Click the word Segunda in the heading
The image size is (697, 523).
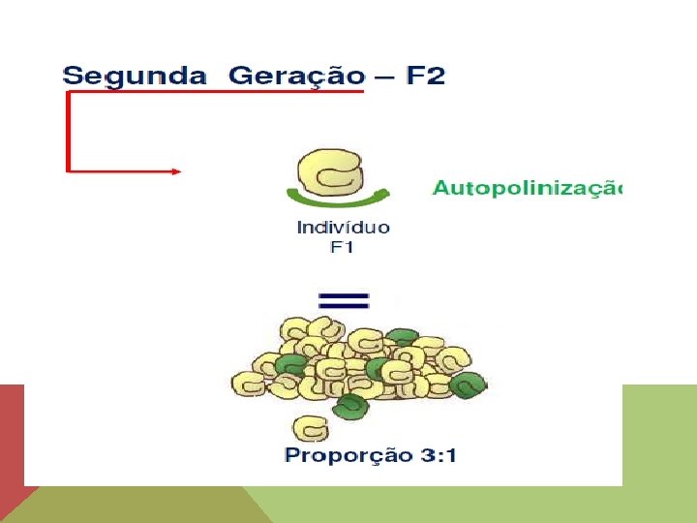pyautogui.click(x=135, y=76)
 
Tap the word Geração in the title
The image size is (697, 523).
pyautogui.click(x=296, y=76)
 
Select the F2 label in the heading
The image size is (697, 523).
pyautogui.click(x=425, y=76)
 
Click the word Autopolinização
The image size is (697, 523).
pyautogui.click(x=526, y=188)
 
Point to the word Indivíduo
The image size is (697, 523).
pyautogui.click(x=343, y=229)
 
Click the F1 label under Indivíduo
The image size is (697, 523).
pyautogui.click(x=343, y=247)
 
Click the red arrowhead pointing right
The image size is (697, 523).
pyautogui.click(x=176, y=171)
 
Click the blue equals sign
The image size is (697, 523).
pyautogui.click(x=343, y=298)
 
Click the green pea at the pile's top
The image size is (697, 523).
pyautogui.click(x=401, y=338)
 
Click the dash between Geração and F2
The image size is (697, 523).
pyautogui.click(x=384, y=77)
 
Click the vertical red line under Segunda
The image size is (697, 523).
pyautogui.click(x=67, y=131)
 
